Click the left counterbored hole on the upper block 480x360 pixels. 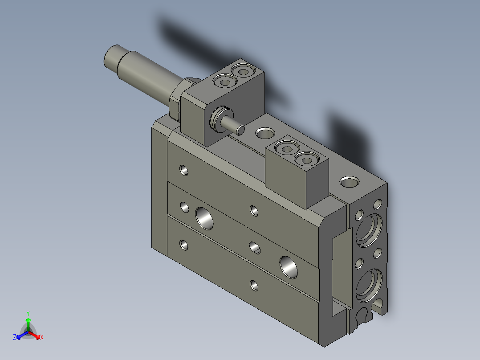(x=224, y=82)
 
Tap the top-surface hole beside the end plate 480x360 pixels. (x=349, y=181)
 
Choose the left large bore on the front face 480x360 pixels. (x=203, y=217)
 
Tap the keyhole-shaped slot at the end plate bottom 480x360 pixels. (x=364, y=315)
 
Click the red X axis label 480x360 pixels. (x=42, y=337)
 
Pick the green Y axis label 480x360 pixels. (x=28, y=313)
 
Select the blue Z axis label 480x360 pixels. (x=15, y=337)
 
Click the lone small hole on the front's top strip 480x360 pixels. (x=183, y=169)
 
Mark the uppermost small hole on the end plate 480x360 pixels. (x=378, y=205)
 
